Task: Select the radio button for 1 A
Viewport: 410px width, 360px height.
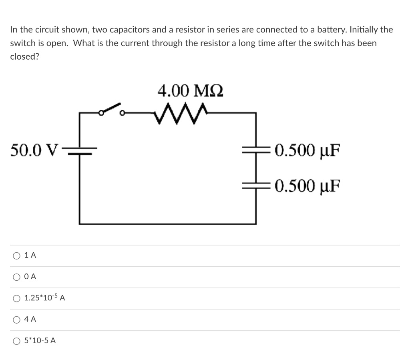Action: (x=16, y=255)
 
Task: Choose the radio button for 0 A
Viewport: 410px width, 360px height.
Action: (x=16, y=277)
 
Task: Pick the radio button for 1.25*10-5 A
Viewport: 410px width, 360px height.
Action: (x=16, y=298)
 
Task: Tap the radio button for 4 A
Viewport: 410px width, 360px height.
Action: (x=16, y=320)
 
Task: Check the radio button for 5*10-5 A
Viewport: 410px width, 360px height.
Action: (x=16, y=341)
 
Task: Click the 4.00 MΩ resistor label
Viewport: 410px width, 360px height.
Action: (x=190, y=91)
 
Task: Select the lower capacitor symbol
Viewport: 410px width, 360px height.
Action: (x=255, y=185)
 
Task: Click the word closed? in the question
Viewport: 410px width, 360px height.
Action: (x=24, y=56)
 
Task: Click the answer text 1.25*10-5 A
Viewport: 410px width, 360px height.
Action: (x=45, y=298)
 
